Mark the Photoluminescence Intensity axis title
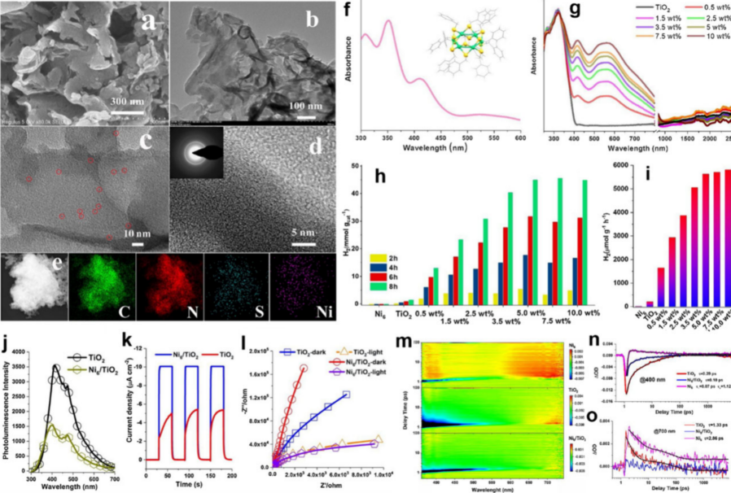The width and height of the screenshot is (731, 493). coord(8,411)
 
